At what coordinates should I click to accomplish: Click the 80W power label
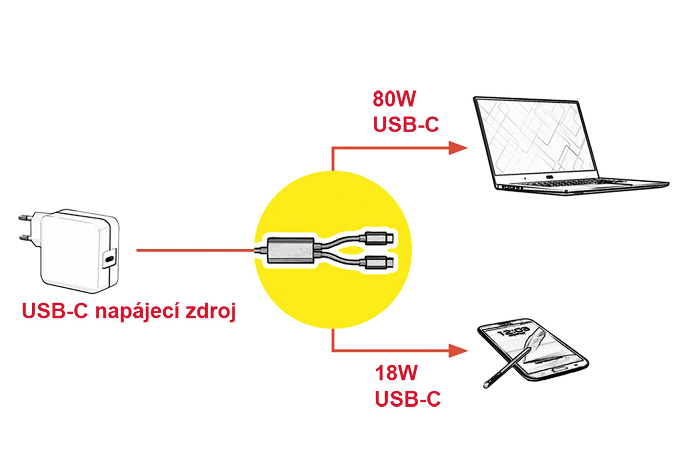[394, 99]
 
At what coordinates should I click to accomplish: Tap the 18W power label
[396, 373]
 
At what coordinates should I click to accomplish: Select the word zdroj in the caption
[211, 311]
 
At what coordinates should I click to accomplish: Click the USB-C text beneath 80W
[406, 125]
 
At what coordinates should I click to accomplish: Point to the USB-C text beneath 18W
[407, 399]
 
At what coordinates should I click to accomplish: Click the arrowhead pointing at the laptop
[458, 148]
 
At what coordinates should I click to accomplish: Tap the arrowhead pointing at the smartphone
[458, 350]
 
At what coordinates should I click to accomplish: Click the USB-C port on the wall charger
[110, 259]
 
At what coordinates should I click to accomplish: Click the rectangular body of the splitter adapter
[290, 250]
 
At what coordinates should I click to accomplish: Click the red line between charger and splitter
[195, 250]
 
